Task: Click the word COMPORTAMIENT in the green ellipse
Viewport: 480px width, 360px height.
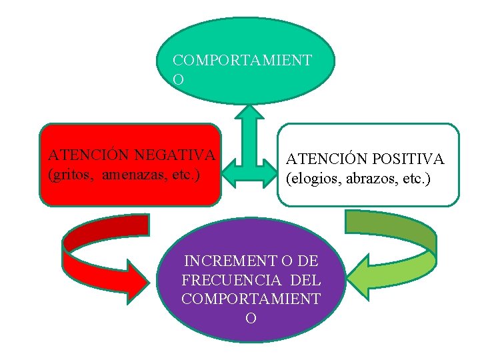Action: coord(242,60)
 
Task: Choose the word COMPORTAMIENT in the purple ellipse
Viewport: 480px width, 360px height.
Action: coord(251,299)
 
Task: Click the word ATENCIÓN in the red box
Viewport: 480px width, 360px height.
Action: coord(89,155)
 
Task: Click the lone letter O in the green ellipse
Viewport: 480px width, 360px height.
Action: coord(178,79)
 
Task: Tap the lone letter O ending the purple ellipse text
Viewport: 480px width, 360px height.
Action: coord(251,318)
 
